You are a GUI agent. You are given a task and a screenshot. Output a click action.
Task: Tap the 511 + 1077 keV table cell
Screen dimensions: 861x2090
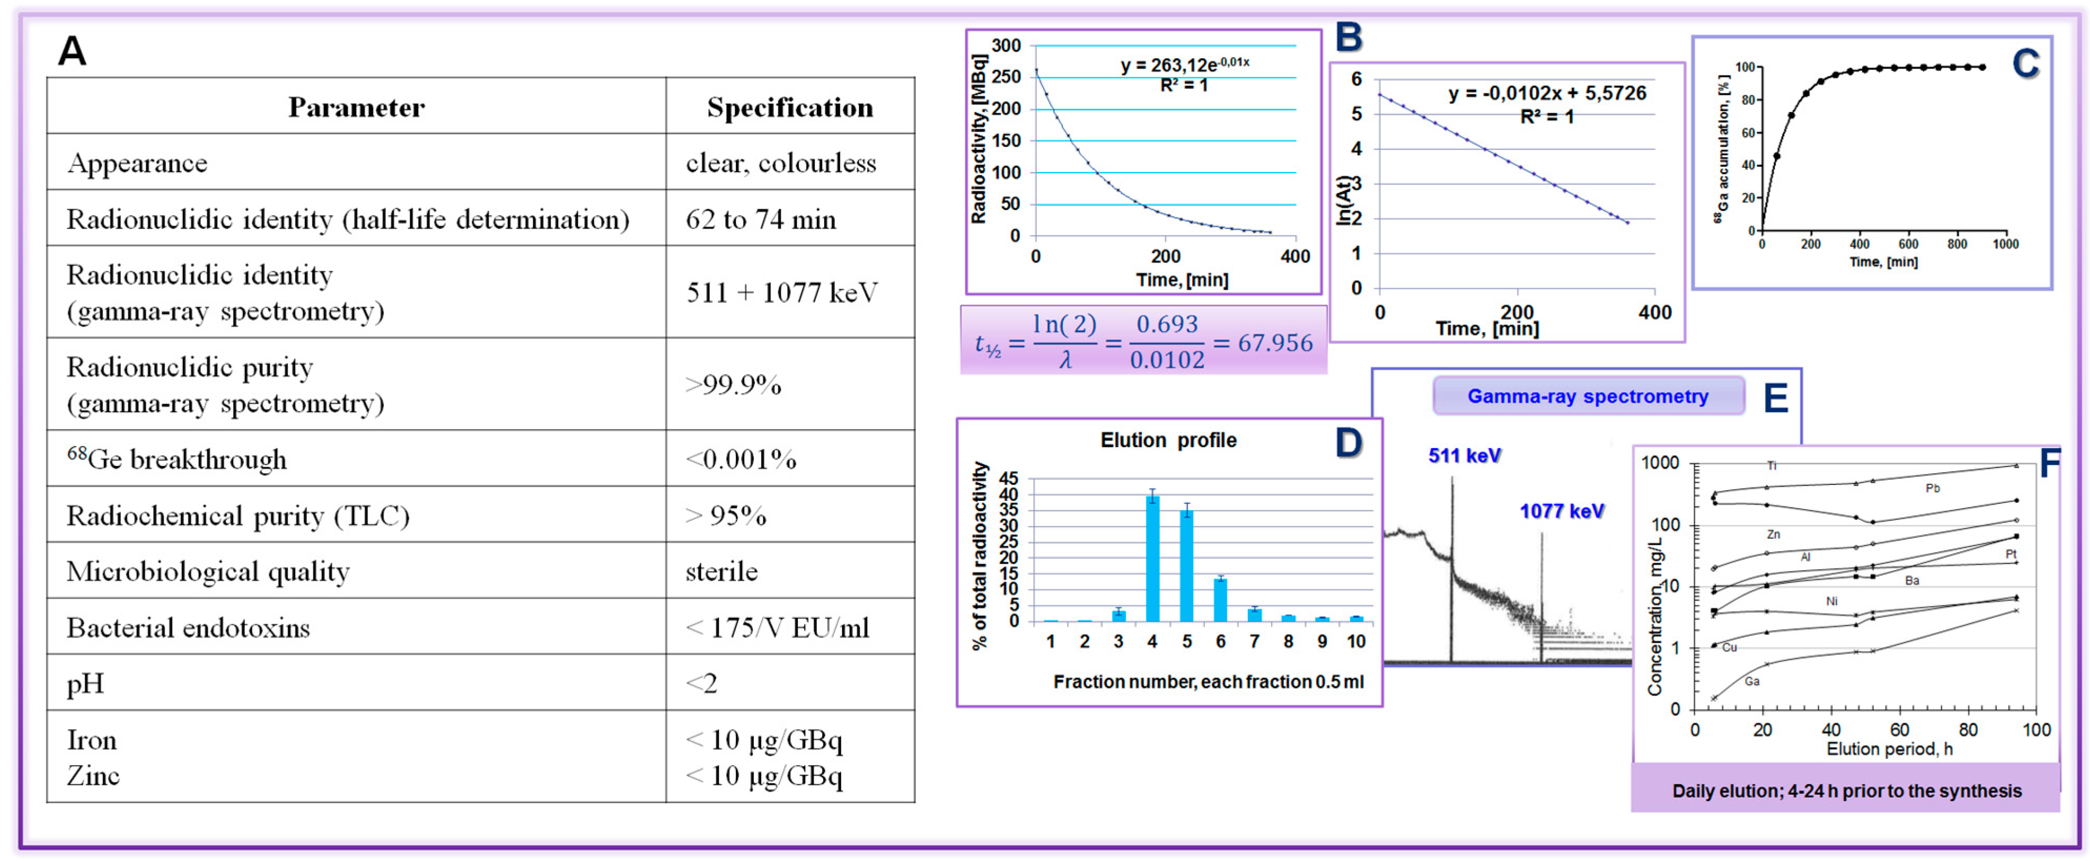[781, 292]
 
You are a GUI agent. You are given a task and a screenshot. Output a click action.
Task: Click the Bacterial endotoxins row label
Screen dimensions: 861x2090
[188, 627]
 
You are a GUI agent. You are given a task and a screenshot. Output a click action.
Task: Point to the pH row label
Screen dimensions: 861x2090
[85, 683]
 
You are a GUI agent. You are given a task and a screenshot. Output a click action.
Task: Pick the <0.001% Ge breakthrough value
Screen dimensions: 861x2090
[741, 459]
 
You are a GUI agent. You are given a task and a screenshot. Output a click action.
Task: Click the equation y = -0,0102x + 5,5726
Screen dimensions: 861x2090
[1547, 93]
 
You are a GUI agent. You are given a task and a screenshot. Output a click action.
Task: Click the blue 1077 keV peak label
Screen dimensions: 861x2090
[1561, 511]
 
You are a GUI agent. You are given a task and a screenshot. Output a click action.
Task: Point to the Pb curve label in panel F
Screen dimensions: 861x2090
[1933, 489]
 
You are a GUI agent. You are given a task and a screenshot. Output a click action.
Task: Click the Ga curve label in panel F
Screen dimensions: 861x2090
[1753, 681]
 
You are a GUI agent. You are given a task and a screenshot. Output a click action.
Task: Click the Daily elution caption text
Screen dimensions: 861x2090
[1847, 791]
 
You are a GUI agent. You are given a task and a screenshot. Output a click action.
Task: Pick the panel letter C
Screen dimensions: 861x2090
[2025, 63]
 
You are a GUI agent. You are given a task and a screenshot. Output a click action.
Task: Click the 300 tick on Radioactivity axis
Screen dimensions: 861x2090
[1006, 45]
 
